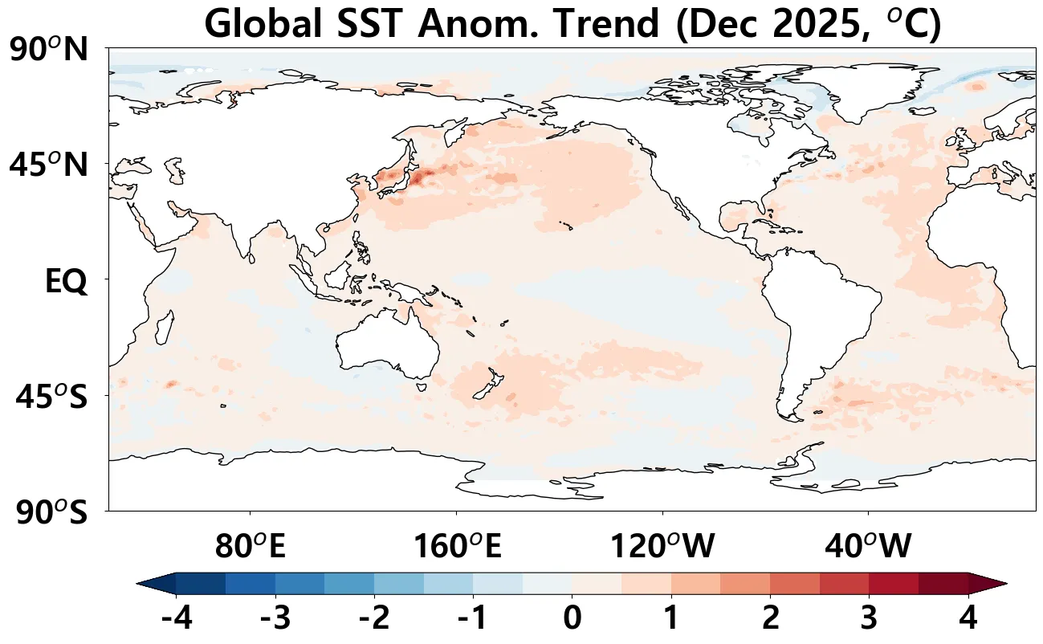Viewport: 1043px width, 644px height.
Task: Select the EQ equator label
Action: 66,282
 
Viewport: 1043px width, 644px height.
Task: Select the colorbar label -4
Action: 176,619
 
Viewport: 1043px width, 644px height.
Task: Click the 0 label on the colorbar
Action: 572,619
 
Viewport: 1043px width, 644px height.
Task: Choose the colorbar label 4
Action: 968,619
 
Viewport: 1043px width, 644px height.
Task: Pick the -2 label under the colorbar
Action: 373,619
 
